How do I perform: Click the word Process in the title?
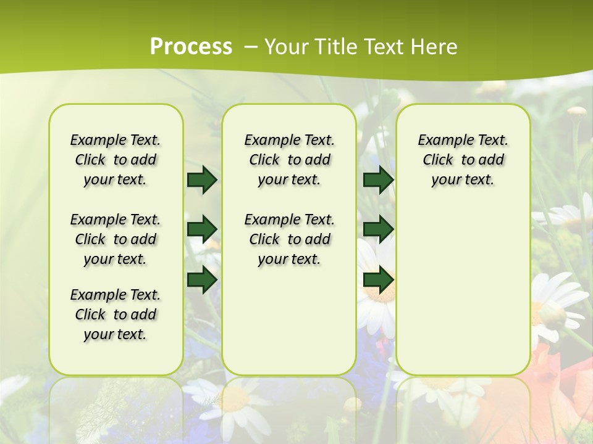click(x=191, y=47)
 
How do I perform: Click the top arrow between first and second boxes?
click(x=202, y=179)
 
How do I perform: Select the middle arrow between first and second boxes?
click(x=202, y=229)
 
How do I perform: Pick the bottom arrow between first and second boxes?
click(x=202, y=279)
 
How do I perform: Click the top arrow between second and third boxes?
click(x=378, y=179)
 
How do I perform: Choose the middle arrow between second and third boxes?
click(x=378, y=229)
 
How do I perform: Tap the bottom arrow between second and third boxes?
click(x=378, y=279)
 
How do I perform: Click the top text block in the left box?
click(x=116, y=160)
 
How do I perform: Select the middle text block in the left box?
click(x=116, y=239)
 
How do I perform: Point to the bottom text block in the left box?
click(x=116, y=314)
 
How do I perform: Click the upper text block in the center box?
click(x=290, y=160)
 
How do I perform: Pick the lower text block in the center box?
click(x=290, y=239)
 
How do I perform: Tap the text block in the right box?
click(x=463, y=160)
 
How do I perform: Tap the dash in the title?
click(x=250, y=47)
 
